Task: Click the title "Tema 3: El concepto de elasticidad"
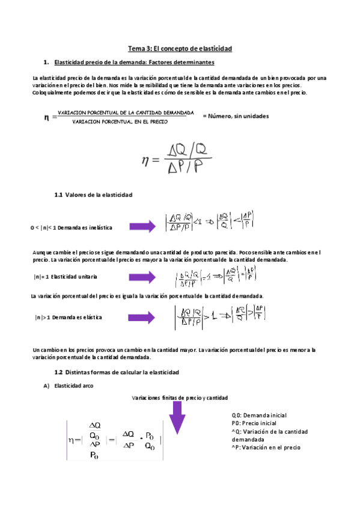pos(180,48)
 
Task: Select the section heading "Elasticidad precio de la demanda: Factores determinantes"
pos(134,63)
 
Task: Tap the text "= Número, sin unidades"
pos(235,116)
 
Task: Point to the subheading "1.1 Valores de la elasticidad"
pos(93,195)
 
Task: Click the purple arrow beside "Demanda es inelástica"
pos(142,227)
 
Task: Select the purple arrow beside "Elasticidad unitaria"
pos(142,277)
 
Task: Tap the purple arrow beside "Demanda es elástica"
pos(142,317)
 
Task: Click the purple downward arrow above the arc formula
pos(177,417)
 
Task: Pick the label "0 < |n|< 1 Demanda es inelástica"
pos(71,228)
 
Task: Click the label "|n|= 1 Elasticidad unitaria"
pos(66,277)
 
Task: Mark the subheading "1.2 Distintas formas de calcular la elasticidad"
pos(117,373)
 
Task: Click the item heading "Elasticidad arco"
pos(75,386)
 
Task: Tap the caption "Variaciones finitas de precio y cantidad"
pos(180,398)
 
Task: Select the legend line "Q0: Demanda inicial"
pos(259,415)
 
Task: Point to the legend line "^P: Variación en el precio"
pos(266,447)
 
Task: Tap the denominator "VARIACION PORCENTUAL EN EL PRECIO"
pos(120,121)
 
